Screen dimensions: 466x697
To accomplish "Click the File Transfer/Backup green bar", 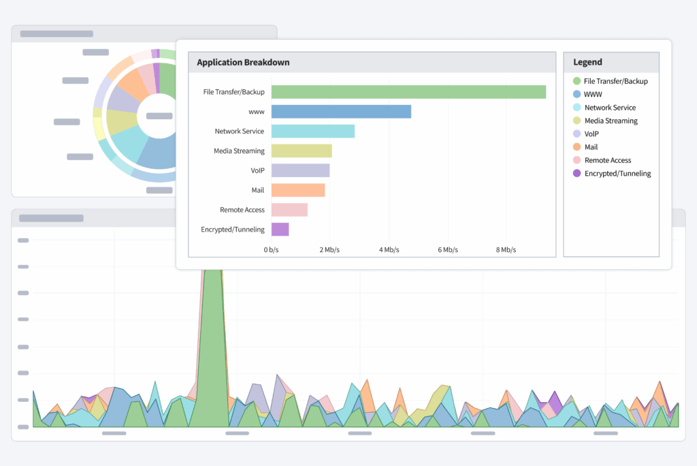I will coord(408,92).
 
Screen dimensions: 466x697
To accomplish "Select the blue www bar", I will coord(341,112).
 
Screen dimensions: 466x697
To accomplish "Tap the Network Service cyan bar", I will coord(312,131).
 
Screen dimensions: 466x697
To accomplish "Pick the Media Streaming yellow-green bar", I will coord(302,151).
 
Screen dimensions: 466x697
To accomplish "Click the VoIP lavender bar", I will coord(300,170).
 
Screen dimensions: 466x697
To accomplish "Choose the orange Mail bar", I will coord(298,190).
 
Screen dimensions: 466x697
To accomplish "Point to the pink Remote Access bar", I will coord(289,210).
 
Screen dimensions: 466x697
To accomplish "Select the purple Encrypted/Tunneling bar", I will coord(280,230).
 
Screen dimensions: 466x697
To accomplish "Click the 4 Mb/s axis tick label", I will coord(389,250).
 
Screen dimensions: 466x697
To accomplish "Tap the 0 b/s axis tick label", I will coord(272,250).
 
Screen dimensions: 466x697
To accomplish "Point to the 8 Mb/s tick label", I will coord(507,250).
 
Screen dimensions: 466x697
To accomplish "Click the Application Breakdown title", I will coord(243,63).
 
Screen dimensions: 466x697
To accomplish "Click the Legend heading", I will coord(587,62).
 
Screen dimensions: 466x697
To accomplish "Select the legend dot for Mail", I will coord(577,147).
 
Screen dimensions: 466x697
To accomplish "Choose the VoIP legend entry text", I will coord(591,134).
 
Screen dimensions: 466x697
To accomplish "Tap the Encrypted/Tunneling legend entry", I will coord(617,174).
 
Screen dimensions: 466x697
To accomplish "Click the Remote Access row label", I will coord(242,210).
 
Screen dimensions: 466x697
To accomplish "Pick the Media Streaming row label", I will coord(239,151).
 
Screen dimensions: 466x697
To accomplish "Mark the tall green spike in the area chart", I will coord(213,341).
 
